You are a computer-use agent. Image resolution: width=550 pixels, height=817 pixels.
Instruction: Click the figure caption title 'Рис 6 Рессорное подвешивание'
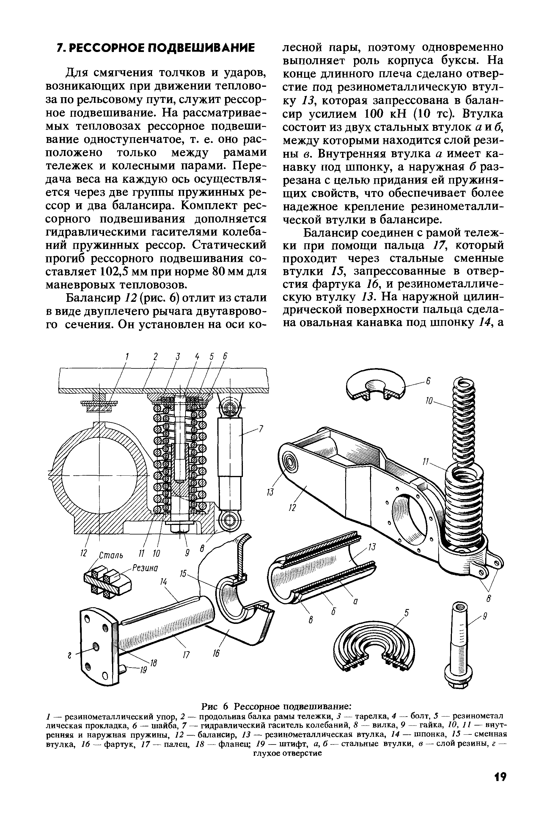275,706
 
